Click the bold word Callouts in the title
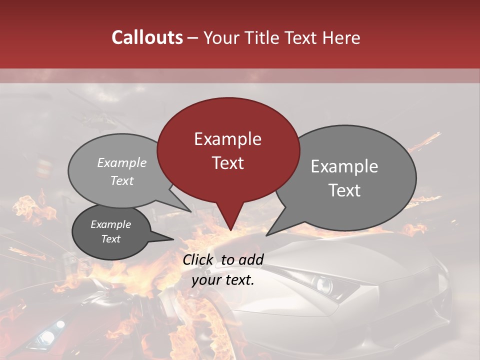147,37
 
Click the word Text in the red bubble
227,163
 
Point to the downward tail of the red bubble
230,222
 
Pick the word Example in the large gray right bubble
344,166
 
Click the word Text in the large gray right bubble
344,190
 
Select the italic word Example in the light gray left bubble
121,163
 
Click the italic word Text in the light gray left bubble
121,180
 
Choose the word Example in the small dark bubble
110,224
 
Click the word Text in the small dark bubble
110,239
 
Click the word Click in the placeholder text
199,259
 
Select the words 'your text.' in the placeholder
223,280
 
